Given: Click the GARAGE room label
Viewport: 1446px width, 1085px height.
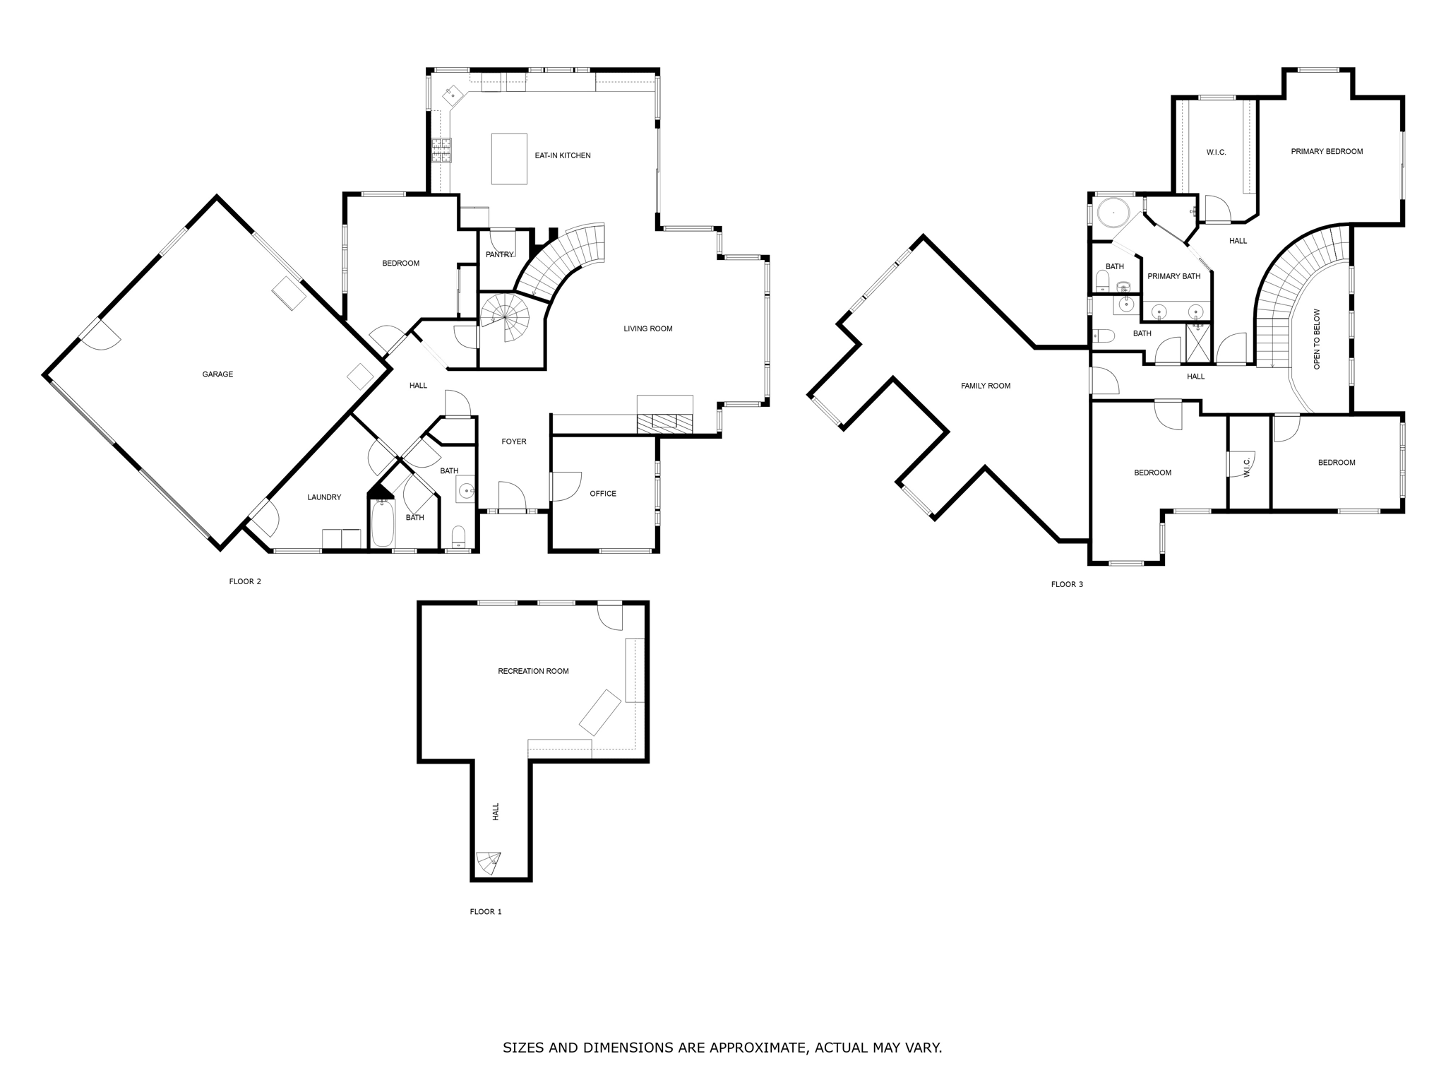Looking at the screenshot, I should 217,374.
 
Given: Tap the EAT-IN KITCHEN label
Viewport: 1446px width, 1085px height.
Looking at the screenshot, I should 562,155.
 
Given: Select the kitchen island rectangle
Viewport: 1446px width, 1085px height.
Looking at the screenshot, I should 509,159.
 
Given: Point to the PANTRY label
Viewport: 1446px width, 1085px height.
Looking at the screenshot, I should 499,255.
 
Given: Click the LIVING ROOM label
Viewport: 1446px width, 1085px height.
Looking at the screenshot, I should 647,328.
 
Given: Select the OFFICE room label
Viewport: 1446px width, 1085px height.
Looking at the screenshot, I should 603,494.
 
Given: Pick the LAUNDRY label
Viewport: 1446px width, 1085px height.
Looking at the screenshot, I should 324,497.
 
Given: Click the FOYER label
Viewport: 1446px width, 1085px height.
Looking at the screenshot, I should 513,441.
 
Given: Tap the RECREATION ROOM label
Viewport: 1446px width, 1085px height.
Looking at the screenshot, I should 533,671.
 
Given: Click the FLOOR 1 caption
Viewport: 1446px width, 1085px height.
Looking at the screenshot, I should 486,912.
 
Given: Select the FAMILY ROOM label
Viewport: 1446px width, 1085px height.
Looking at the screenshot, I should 985,386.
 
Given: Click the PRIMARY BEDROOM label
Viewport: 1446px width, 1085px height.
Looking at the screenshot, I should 1327,151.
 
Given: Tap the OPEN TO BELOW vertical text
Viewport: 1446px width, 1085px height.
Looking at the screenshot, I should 1317,339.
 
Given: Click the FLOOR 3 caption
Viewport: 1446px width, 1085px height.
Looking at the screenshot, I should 1067,584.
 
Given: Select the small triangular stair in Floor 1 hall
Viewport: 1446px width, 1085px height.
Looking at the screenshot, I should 489,862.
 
